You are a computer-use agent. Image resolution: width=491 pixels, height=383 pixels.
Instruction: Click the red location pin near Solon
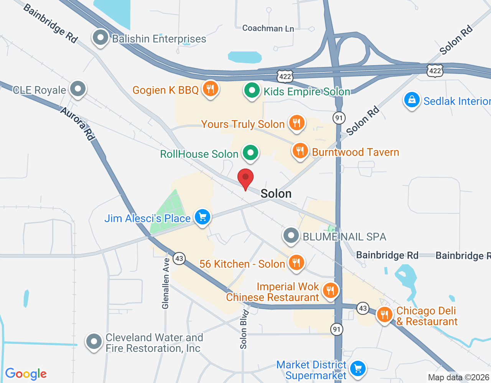point(245,178)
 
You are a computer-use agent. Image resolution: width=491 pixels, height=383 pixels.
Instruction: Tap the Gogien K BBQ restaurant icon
point(210,89)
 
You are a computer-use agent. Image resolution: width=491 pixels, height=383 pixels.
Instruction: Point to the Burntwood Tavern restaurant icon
point(300,151)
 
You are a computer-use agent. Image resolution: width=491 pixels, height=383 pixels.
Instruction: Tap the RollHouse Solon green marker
point(250,153)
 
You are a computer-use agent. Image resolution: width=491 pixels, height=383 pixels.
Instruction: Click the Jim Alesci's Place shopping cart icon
point(203,218)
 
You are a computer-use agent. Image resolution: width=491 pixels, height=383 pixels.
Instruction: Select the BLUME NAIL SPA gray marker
point(291,236)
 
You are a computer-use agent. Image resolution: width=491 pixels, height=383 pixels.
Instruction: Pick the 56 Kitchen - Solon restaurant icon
point(296,263)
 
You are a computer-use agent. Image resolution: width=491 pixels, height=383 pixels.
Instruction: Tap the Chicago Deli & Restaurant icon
point(384,315)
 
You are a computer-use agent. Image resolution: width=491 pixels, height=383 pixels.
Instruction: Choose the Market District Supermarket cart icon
point(358,369)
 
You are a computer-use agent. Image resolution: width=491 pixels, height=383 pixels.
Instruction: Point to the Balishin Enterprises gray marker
point(101,38)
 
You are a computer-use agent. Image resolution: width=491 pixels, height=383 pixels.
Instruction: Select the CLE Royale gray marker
point(78,89)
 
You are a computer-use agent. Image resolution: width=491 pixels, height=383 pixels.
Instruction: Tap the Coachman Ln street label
point(268,28)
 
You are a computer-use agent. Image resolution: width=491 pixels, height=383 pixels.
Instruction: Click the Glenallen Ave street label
point(166,283)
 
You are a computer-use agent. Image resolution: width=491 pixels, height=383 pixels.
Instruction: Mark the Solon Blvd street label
point(244,329)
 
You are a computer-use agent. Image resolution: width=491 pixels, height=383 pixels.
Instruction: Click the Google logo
point(26,374)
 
